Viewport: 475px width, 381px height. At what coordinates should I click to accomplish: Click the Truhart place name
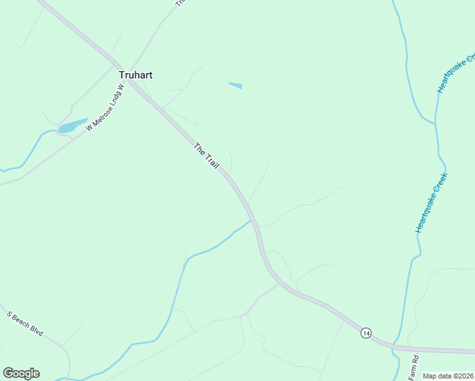136,75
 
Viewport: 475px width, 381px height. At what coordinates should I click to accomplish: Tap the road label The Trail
206,156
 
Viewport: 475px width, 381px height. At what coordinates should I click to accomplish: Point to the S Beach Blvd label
25,323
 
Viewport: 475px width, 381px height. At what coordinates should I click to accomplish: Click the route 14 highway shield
366,333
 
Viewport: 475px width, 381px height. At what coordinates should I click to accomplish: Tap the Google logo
21,373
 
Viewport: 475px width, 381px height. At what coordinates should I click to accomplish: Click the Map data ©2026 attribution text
448,376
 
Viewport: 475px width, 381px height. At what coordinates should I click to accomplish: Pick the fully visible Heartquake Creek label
432,203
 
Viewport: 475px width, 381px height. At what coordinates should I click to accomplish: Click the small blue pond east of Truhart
235,85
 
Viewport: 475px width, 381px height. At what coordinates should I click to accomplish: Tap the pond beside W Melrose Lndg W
72,125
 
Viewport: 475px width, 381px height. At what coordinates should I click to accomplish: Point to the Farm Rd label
414,368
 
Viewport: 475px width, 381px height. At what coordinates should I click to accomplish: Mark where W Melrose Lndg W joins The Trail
117,66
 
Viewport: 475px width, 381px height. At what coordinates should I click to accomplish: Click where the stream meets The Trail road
251,220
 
